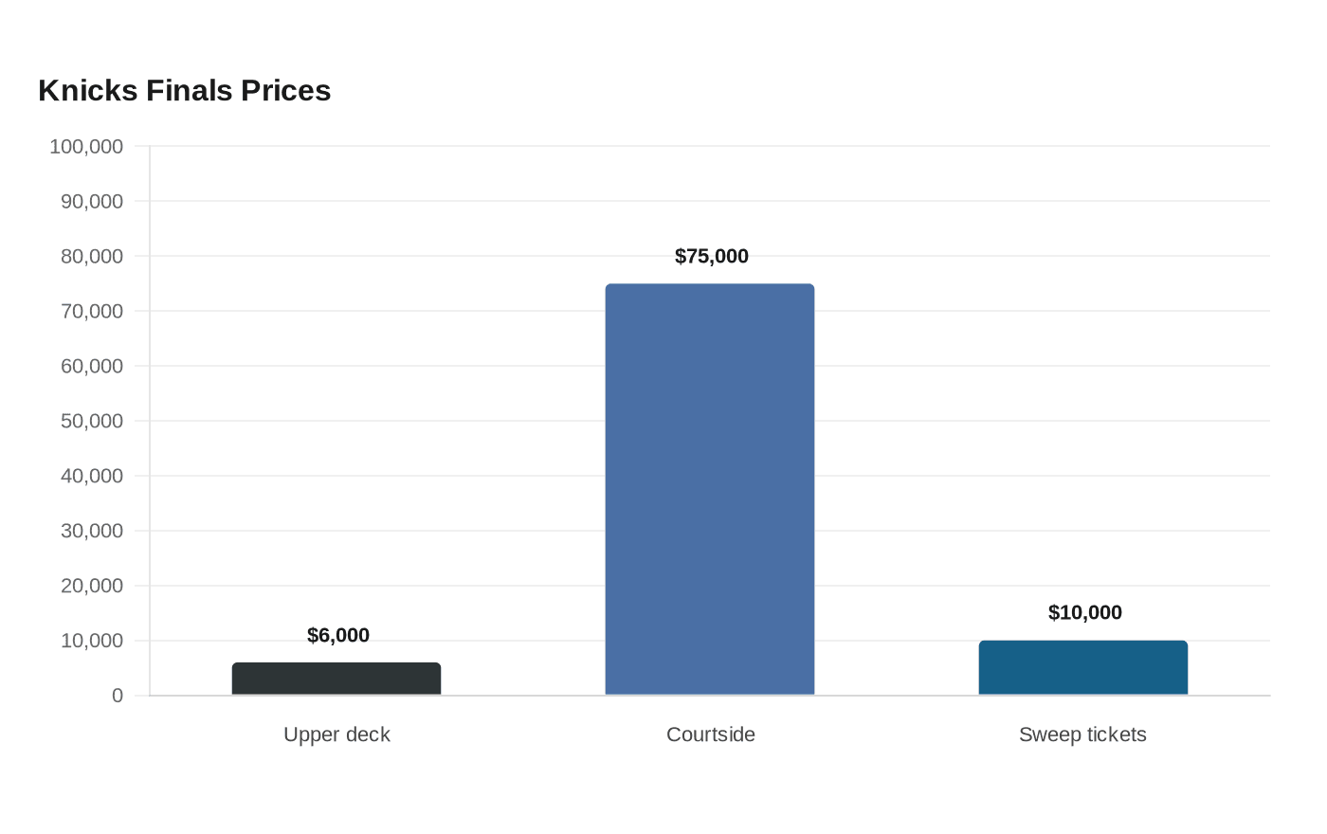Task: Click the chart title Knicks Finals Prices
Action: tap(184, 91)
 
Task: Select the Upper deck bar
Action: tap(336, 679)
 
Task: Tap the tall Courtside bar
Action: tap(710, 489)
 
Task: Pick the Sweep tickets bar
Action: tap(1082, 667)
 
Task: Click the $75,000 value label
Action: tap(712, 256)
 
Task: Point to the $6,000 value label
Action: tap(338, 635)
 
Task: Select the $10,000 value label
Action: tap(1084, 612)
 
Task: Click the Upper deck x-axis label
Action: tap(336, 734)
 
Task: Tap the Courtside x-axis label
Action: tap(710, 734)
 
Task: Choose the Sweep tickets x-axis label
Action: tap(1082, 734)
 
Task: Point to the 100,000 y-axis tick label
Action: tap(86, 146)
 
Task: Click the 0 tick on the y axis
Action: tap(118, 696)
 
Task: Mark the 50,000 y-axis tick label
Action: tap(92, 421)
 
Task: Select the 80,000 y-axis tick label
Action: tap(92, 257)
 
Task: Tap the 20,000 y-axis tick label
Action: tap(92, 586)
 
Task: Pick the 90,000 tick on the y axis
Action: tap(92, 201)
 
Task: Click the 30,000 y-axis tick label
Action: tap(92, 531)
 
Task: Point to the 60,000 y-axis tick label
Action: tap(92, 366)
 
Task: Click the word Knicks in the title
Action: tap(87, 91)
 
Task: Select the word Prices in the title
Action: tap(285, 91)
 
